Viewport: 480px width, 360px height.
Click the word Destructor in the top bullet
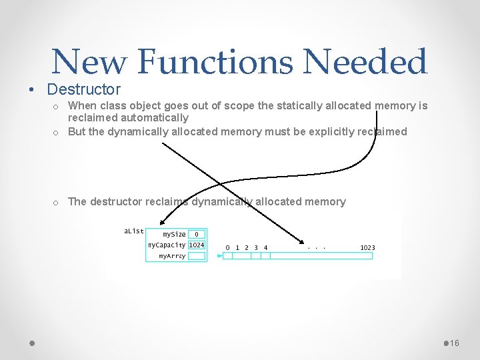(x=84, y=89)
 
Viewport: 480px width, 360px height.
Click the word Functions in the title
(x=216, y=62)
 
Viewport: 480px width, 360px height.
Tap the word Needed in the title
(x=365, y=62)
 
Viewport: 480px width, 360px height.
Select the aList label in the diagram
(x=134, y=231)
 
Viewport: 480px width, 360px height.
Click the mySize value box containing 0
(x=197, y=234)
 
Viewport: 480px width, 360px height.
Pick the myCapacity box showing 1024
(x=197, y=245)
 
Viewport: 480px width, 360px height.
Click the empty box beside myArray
(x=197, y=255)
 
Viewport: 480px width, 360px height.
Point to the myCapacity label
(x=167, y=245)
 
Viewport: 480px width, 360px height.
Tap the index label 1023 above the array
(x=367, y=247)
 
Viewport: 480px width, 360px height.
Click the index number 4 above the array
(x=265, y=247)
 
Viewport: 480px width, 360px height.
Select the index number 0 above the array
(x=227, y=247)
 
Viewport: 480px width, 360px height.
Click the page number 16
(x=455, y=343)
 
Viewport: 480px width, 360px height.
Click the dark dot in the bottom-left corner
(x=31, y=343)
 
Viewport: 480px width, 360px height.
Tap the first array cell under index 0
(x=227, y=255)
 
